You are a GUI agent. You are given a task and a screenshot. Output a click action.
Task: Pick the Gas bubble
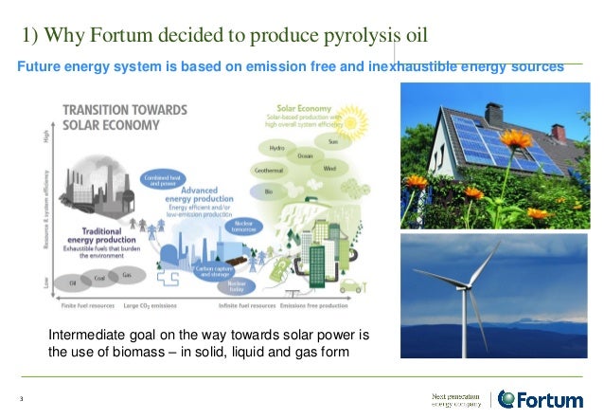click(x=126, y=274)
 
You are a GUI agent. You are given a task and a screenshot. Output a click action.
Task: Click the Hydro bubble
click(x=276, y=149)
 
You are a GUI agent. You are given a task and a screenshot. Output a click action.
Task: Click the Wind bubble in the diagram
click(x=329, y=168)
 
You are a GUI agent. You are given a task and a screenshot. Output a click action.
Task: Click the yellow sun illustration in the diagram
click(x=349, y=121)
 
